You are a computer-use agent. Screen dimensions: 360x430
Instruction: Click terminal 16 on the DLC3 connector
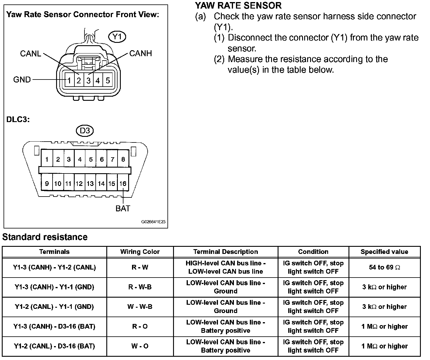[x=123, y=184]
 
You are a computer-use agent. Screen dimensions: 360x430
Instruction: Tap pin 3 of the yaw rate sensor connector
[x=88, y=80]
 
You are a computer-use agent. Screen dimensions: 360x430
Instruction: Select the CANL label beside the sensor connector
[x=31, y=53]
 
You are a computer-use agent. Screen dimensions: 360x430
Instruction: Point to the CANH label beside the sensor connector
[x=141, y=53]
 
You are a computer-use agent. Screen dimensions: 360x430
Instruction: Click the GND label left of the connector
[x=22, y=80]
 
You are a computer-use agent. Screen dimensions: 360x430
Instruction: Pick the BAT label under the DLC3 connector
[x=123, y=208]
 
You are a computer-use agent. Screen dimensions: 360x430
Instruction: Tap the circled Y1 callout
[x=117, y=37]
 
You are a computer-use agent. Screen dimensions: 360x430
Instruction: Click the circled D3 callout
[x=85, y=130]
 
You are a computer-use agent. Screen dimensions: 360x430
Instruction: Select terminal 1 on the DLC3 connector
[x=47, y=160]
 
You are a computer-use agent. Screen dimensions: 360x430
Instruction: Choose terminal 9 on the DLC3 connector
[x=47, y=184]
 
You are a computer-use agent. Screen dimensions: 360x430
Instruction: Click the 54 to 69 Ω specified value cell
[x=385, y=267]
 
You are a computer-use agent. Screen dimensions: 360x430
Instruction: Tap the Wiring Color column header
[x=140, y=252]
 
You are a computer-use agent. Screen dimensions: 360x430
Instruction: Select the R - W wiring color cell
[x=140, y=267]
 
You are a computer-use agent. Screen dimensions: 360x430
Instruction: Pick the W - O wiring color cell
[x=140, y=346]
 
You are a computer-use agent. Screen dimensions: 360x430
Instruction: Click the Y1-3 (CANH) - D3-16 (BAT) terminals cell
[x=54, y=327]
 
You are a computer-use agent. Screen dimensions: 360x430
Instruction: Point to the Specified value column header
[x=385, y=252]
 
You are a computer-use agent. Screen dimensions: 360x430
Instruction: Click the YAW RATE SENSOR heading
[x=238, y=5]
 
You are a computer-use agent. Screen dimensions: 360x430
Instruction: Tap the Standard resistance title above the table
[x=45, y=237]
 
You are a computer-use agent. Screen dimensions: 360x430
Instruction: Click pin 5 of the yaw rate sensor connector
[x=108, y=80]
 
